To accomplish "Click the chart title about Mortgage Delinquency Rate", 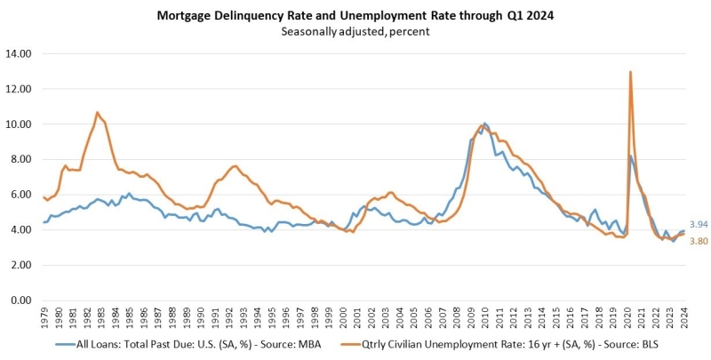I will coord(355,15).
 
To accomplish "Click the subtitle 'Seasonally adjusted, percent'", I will coord(355,32).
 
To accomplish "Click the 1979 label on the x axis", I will coord(44,316).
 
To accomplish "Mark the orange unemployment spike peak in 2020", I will coord(630,72).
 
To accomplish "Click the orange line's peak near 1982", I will coord(97,113).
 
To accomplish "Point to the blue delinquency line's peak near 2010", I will coord(484,124).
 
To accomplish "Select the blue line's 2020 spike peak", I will coord(631,156).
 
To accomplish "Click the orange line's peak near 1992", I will coord(234,166).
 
